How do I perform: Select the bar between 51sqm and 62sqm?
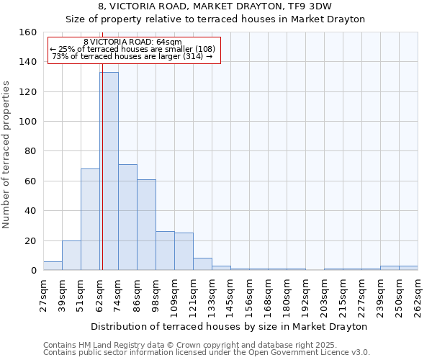(90, 220)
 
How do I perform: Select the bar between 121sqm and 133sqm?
(202, 264)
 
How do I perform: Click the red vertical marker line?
(102, 180)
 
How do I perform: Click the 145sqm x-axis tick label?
(230, 295)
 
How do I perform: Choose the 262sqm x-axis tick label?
(418, 295)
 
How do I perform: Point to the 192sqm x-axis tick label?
(305, 295)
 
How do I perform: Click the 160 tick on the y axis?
(28, 32)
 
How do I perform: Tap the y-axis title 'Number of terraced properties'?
(7, 155)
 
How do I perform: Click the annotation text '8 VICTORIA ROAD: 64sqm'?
(132, 42)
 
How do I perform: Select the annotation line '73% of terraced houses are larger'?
(132, 57)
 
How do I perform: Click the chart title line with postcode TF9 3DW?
(215, 6)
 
